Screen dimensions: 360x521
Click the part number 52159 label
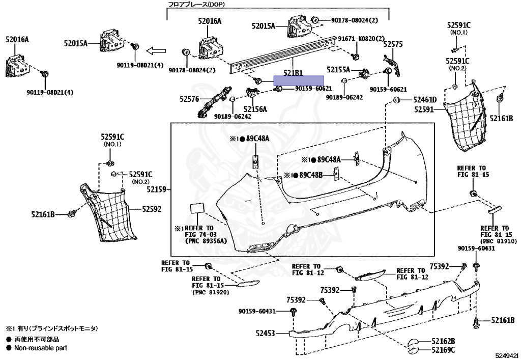click(x=157, y=189)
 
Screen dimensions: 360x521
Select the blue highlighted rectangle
click(x=298, y=80)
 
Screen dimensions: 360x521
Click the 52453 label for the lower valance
click(x=265, y=334)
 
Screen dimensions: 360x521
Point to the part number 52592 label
click(x=152, y=209)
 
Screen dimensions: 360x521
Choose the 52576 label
click(x=189, y=99)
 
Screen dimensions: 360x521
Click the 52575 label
click(x=393, y=45)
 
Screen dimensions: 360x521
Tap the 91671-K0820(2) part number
click(x=361, y=38)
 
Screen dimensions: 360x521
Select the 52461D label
click(x=424, y=100)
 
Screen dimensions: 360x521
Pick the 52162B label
click(x=443, y=341)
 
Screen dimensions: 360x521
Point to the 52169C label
click(x=443, y=350)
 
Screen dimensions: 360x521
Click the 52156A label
click(x=255, y=109)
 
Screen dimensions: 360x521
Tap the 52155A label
click(x=338, y=69)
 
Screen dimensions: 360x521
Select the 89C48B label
click(x=311, y=175)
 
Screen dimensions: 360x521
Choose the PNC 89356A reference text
click(x=209, y=241)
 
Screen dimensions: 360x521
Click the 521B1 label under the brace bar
click(x=293, y=73)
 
